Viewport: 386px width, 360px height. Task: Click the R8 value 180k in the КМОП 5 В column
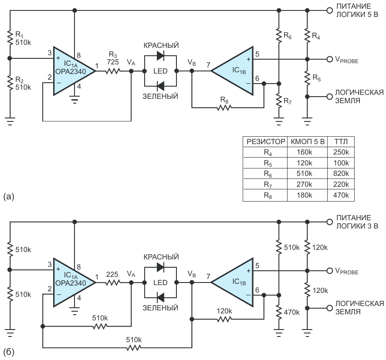(304, 195)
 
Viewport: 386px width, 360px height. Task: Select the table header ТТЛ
(341, 141)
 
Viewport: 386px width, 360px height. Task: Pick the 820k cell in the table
(341, 174)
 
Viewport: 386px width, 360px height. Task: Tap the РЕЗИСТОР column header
(266, 141)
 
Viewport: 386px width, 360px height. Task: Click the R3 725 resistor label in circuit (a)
(113, 58)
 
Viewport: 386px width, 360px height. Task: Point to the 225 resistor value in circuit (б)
(112, 274)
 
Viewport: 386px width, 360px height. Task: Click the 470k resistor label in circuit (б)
(292, 312)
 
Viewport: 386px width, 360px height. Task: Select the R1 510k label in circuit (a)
(23, 38)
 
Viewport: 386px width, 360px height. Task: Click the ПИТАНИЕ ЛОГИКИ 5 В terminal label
(357, 10)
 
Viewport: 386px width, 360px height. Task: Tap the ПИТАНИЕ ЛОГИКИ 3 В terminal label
(357, 222)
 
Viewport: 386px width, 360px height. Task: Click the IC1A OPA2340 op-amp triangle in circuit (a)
(74, 71)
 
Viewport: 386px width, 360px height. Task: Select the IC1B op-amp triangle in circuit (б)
(232, 283)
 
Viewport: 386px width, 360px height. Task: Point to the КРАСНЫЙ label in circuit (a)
(161, 46)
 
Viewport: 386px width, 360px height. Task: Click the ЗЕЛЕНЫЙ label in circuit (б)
(160, 308)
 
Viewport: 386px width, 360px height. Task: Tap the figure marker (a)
(9, 197)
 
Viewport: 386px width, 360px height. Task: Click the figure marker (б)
(9, 352)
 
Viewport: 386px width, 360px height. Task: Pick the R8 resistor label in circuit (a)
(224, 100)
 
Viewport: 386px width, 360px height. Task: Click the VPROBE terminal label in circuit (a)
(347, 60)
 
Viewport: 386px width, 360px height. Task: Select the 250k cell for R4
(341, 152)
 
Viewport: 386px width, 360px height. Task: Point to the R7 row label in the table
(267, 185)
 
